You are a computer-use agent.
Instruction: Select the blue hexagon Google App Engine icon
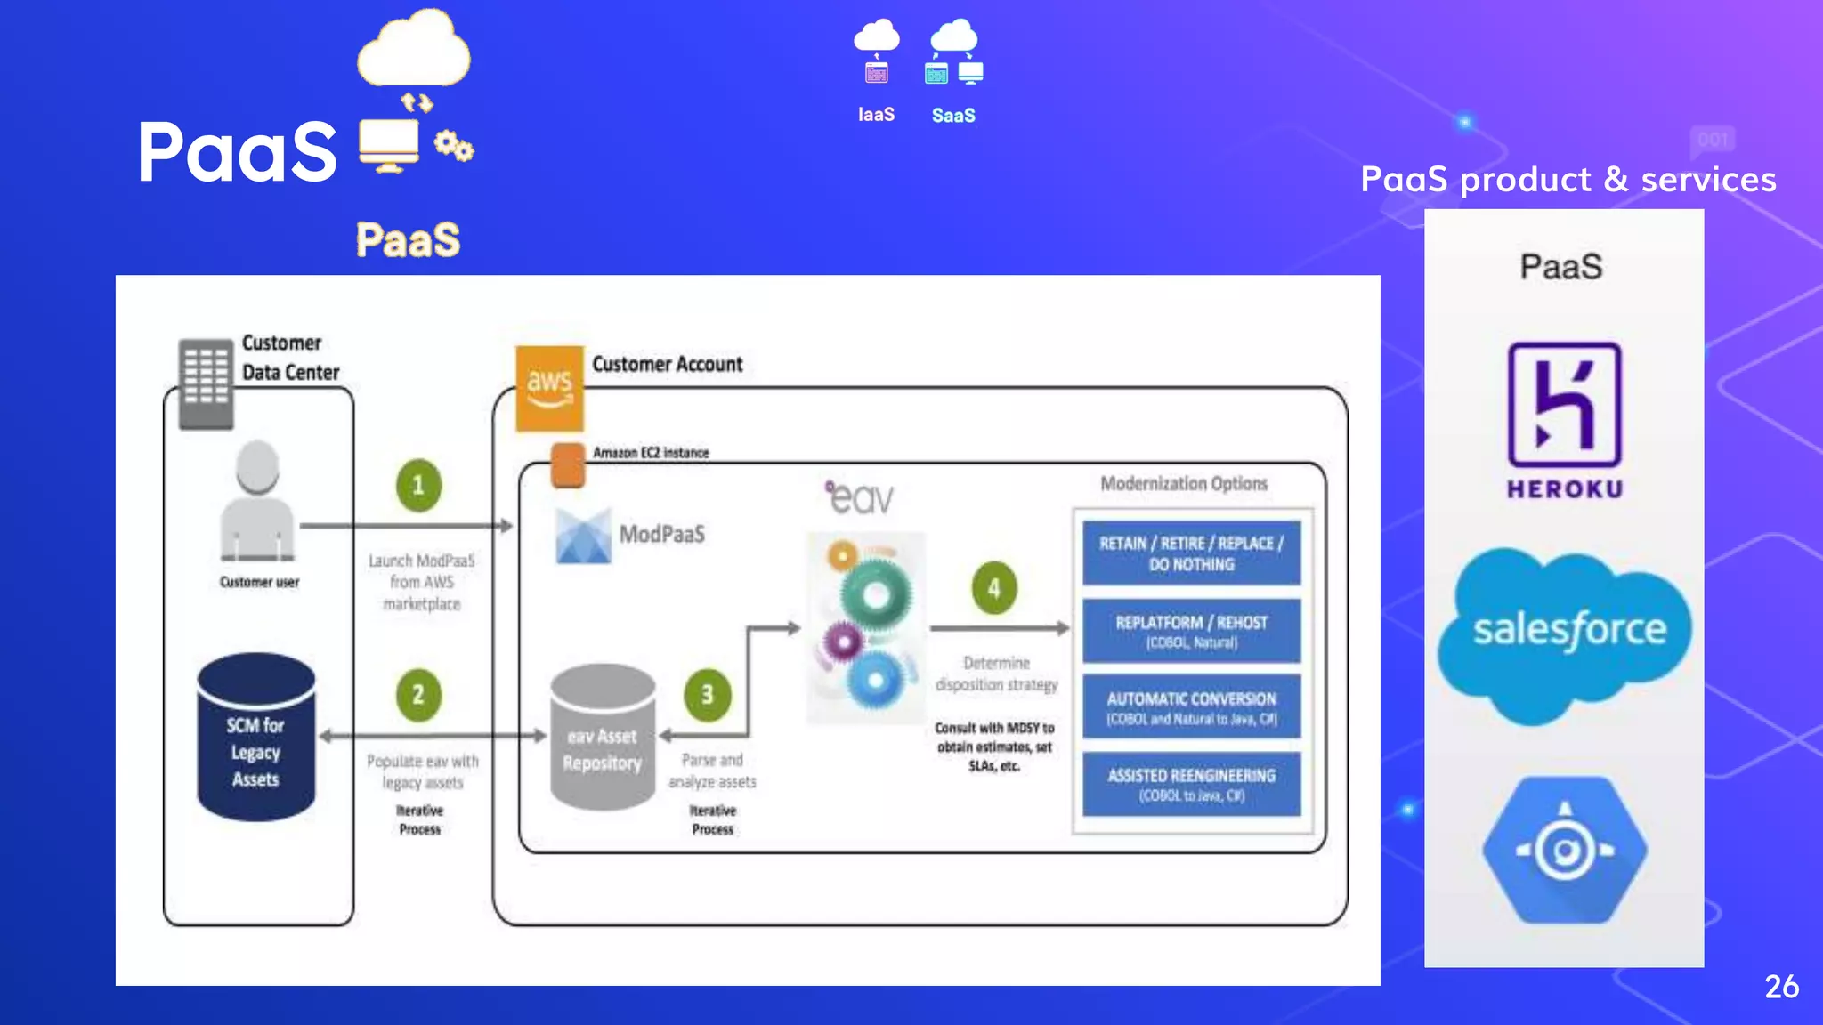[x=1564, y=850]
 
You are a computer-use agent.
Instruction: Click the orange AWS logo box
[x=549, y=388]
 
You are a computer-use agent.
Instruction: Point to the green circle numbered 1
[x=418, y=486]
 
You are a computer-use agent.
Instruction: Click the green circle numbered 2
[x=418, y=695]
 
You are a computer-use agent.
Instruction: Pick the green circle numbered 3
[x=708, y=695]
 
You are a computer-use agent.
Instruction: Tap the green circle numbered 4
[x=994, y=588]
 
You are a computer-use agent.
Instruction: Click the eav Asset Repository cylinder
[x=603, y=738]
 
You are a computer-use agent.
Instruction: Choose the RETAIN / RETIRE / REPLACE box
[x=1191, y=553]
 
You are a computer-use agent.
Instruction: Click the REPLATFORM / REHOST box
[x=1191, y=631]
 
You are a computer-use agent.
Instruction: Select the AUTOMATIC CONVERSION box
[x=1191, y=707]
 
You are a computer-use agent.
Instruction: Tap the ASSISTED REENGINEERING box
[x=1191, y=784]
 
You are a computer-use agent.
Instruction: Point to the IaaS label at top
[x=876, y=115]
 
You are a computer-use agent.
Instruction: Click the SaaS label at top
[x=953, y=116]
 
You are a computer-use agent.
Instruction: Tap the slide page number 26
[x=1781, y=987]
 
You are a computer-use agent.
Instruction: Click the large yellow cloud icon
[x=414, y=49]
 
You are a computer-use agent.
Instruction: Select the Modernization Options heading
[x=1183, y=483]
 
